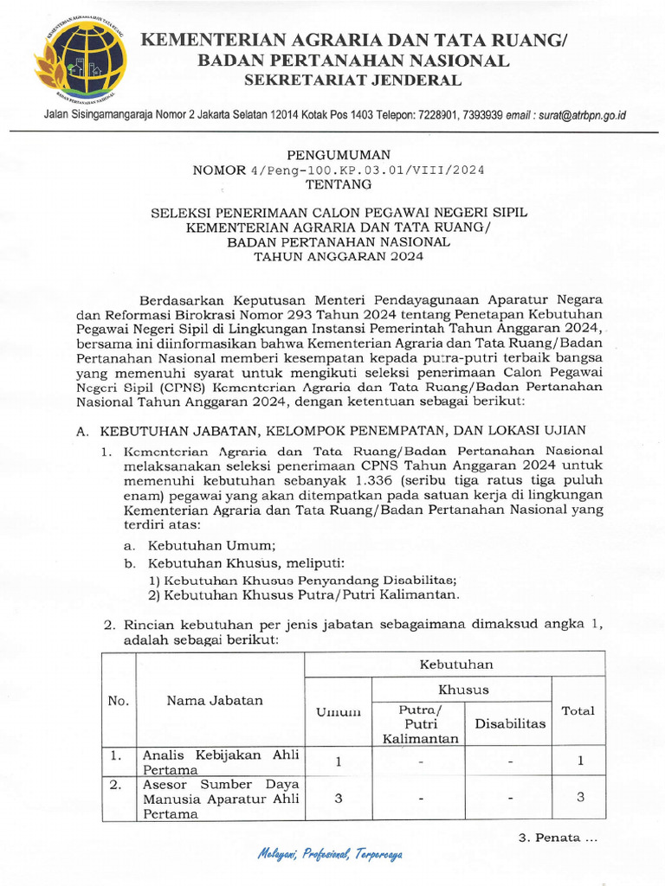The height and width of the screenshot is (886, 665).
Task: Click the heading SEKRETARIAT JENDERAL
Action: tap(352, 80)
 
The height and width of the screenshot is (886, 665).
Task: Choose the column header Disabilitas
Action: tap(510, 723)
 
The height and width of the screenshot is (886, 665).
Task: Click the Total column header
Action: tap(578, 710)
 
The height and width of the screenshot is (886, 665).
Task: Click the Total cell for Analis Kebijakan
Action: tap(580, 761)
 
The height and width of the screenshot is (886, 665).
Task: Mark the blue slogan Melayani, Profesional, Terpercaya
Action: tap(330, 854)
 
